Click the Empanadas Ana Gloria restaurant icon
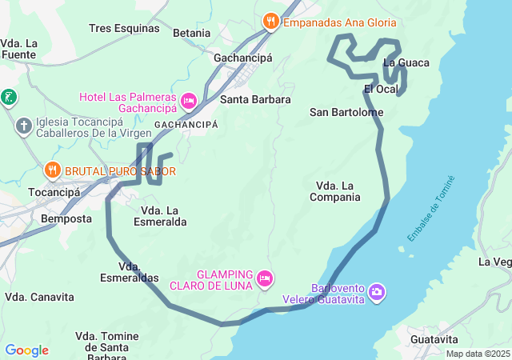tap(271, 22)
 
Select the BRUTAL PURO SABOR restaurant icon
tap(53, 170)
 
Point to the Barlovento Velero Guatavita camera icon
tap(378, 293)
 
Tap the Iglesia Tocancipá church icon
tap(24, 126)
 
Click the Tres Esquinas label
tap(124, 28)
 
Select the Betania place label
tap(191, 33)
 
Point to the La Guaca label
tap(406, 62)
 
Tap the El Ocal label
tap(381, 88)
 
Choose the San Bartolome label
tap(346, 112)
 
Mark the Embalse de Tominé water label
tap(430, 208)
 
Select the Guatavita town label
tap(433, 339)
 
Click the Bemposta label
tap(66, 218)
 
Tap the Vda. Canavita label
tap(39, 297)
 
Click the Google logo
tap(26, 350)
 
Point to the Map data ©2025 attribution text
tap(478, 354)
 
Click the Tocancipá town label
tap(54, 193)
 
